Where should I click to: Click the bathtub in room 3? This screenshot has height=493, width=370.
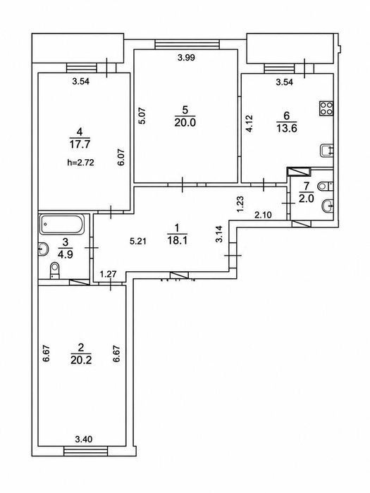(x=62, y=224)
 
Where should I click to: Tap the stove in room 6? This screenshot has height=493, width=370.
(x=326, y=108)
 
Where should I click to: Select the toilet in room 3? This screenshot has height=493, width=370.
(x=55, y=270)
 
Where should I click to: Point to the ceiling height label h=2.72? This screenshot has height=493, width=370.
(x=81, y=163)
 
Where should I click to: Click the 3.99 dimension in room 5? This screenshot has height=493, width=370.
(x=186, y=58)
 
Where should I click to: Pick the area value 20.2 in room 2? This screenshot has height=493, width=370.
(x=81, y=360)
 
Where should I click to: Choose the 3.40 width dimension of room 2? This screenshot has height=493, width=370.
(x=84, y=439)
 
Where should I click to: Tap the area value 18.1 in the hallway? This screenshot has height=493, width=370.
(x=178, y=241)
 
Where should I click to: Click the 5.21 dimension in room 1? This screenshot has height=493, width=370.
(x=138, y=242)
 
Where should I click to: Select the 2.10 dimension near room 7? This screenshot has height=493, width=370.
(x=263, y=215)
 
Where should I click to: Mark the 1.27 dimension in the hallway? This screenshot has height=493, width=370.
(x=109, y=274)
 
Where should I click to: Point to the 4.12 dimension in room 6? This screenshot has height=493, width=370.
(x=249, y=123)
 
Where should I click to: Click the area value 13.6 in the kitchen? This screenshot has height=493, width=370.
(x=287, y=128)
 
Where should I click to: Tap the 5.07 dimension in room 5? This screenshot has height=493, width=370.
(x=142, y=116)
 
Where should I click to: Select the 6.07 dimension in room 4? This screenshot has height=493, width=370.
(x=122, y=157)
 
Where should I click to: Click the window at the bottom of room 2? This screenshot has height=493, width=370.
(x=86, y=451)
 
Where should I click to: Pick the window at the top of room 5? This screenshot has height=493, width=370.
(x=187, y=44)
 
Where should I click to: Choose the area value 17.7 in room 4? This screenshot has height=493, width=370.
(x=80, y=144)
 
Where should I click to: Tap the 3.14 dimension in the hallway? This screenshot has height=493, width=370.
(x=219, y=234)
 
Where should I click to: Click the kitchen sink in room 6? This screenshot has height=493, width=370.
(x=326, y=151)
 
